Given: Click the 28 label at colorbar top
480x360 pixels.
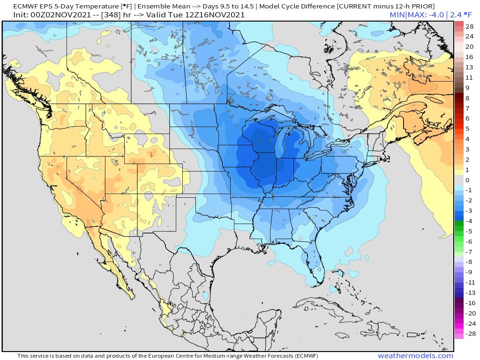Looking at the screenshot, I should (470, 26).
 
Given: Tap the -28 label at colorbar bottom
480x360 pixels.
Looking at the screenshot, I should (470, 334).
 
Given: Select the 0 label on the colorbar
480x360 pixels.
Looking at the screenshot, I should (467, 180).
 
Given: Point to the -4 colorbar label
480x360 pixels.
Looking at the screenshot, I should (469, 221).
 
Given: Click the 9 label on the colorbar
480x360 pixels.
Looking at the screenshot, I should (467, 88).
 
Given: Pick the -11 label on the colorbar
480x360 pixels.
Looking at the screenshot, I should (470, 283).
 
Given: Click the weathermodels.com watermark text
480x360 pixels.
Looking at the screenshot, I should (415, 356).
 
